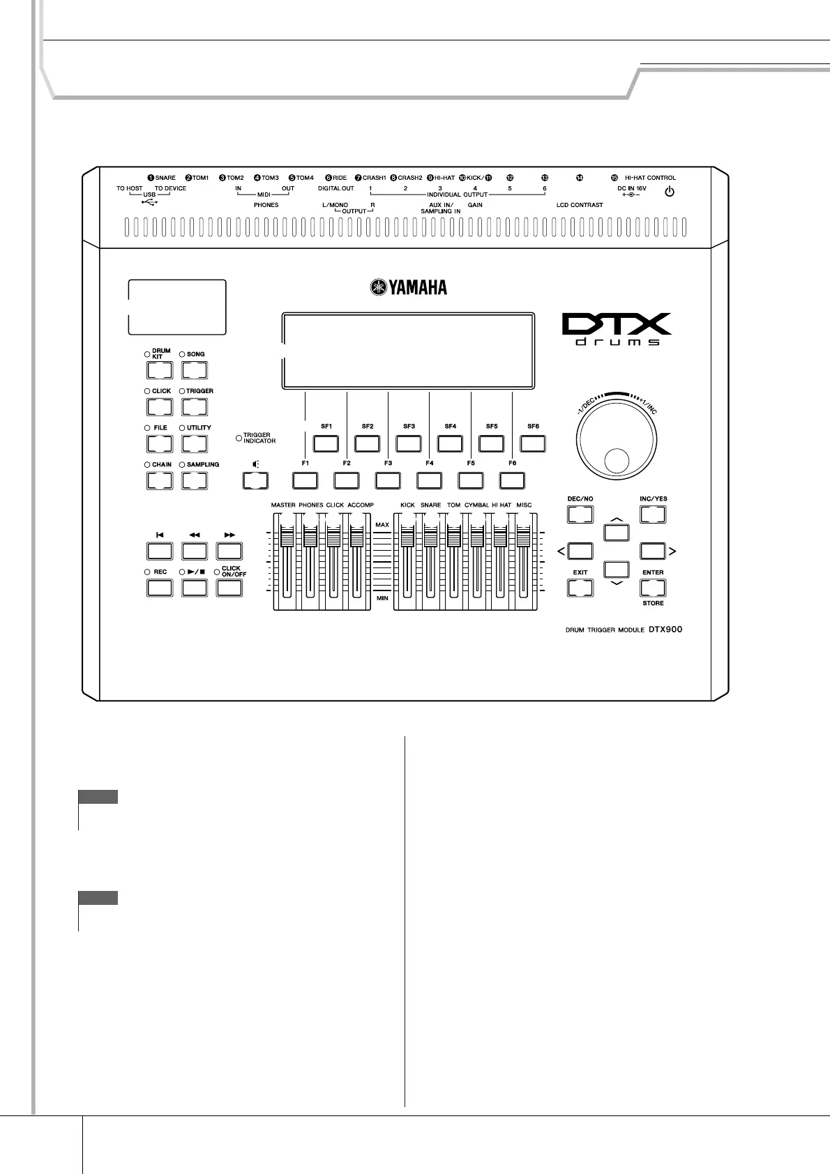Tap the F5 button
pyautogui.click(x=470, y=480)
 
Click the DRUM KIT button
pyautogui.click(x=159, y=370)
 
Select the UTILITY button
pyautogui.click(x=195, y=443)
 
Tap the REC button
pyautogui.click(x=159, y=588)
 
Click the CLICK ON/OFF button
pyautogui.click(x=229, y=588)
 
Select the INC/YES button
pyautogui.click(x=653, y=514)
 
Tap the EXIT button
pyautogui.click(x=580, y=588)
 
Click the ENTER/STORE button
pyautogui.click(x=653, y=588)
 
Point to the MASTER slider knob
pyautogui.click(x=285, y=537)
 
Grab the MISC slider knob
pyautogui.click(x=524, y=537)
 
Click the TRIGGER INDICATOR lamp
pyautogui.click(x=239, y=438)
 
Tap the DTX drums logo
pyautogui.click(x=617, y=330)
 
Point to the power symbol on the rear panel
pyautogui.click(x=669, y=191)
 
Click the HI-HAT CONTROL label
pyautogui.click(x=650, y=178)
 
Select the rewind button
pyautogui.click(x=195, y=551)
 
